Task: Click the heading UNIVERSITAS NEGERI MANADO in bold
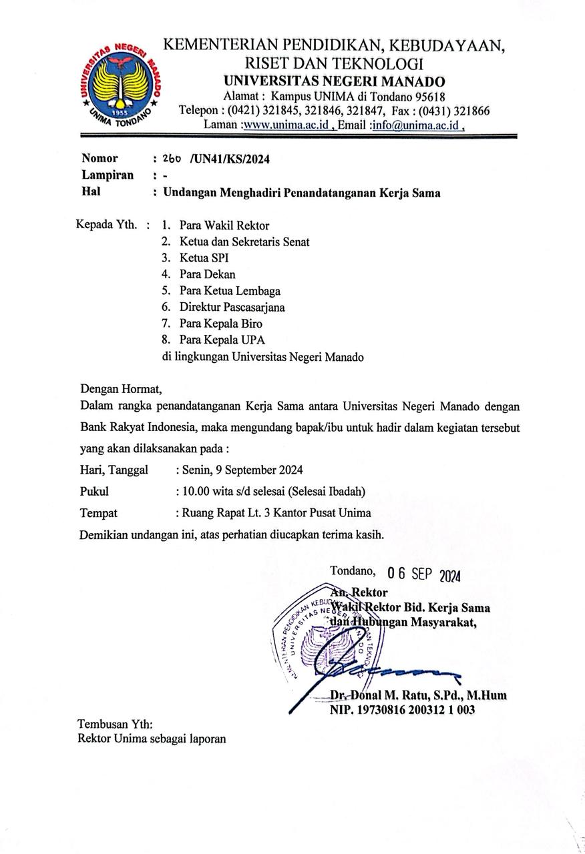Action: point(334,81)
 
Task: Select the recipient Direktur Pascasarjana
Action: point(232,308)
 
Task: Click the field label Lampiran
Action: point(108,175)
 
